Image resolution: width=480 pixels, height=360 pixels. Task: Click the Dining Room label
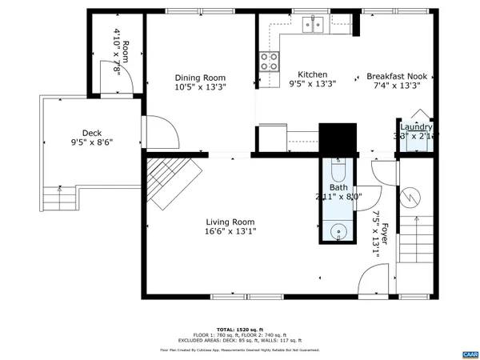point(200,78)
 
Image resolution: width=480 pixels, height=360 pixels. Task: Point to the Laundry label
point(416,127)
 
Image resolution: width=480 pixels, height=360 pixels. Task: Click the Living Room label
point(230,222)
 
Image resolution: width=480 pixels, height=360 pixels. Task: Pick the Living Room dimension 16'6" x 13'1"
point(230,232)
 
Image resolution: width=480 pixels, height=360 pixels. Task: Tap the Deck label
point(92,134)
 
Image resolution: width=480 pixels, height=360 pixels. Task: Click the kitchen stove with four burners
point(269,62)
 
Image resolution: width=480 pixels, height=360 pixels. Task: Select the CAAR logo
point(467,353)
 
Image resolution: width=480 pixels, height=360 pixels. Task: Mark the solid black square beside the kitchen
point(337,138)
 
